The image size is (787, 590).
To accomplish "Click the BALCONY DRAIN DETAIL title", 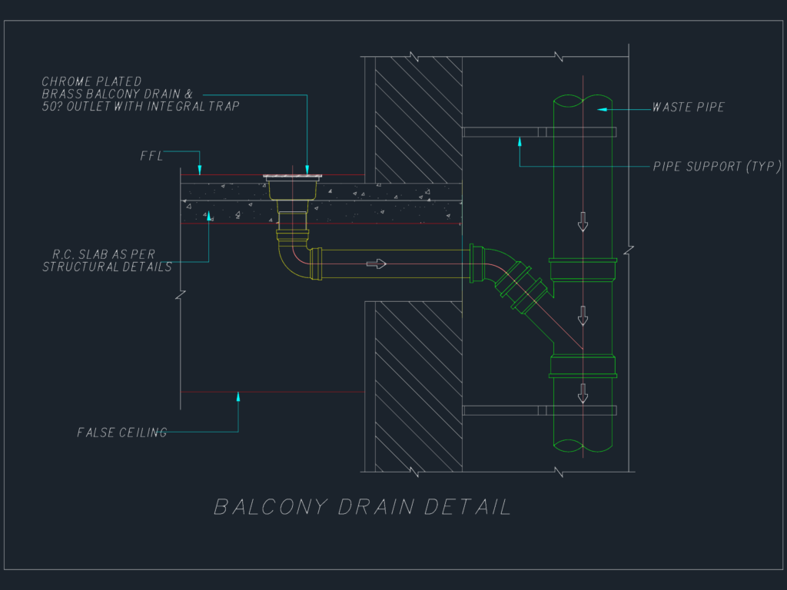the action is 363,507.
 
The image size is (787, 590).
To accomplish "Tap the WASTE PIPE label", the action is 688,107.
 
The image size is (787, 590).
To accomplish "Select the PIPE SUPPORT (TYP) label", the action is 717,166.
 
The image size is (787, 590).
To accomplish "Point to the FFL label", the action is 151,156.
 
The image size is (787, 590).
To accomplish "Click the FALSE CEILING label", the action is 122,433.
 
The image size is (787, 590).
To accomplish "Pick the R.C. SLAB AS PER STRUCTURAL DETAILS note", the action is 107,260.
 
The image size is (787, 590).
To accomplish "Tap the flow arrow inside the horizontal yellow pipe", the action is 376,264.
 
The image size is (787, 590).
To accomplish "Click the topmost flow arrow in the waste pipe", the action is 583,222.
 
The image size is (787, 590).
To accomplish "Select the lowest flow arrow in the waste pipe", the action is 583,393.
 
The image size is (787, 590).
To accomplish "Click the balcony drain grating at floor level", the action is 292,177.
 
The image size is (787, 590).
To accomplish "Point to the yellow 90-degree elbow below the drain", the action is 289,264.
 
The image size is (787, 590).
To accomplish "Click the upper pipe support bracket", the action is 539,132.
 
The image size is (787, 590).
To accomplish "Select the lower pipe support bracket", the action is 539,410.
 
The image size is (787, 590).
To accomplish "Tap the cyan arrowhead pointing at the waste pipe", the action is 602,109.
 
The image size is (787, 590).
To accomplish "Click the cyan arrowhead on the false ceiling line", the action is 238,397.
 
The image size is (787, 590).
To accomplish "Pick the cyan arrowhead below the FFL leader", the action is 199,170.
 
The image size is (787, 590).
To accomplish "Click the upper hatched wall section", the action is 419,120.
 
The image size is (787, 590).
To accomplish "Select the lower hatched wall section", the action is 419,387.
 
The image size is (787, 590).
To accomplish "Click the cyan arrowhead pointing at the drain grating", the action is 307,170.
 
